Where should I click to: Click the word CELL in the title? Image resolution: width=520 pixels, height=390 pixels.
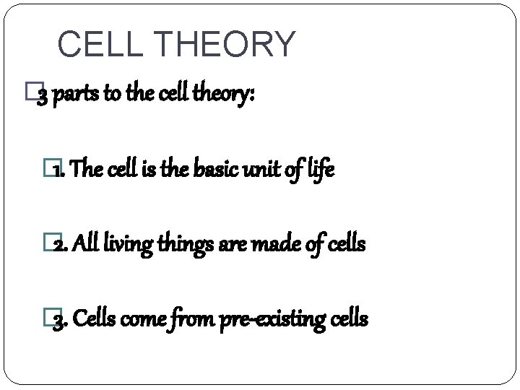[100, 44]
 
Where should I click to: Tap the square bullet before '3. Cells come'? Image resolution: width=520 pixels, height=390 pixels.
[49, 318]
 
